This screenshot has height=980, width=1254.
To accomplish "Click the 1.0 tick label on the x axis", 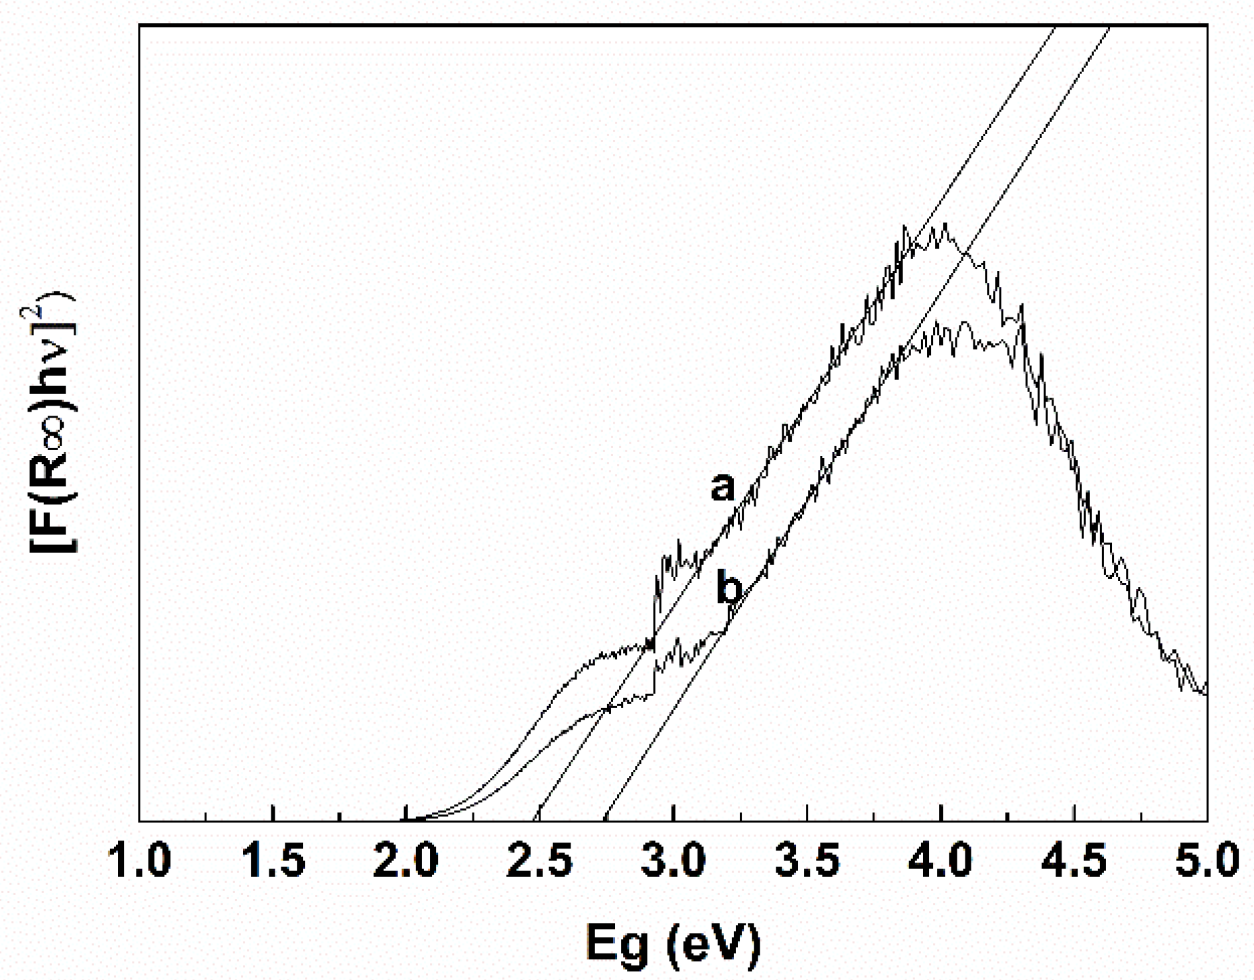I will pos(139,860).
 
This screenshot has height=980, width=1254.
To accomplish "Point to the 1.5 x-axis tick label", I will pos(273,860).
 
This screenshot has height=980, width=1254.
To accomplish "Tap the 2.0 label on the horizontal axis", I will pos(406,860).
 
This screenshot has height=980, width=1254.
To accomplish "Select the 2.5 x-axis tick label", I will pos(539,860).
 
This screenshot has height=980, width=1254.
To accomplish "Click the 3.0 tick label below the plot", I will pos(673,860).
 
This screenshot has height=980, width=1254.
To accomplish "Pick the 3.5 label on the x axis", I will pos(807,860).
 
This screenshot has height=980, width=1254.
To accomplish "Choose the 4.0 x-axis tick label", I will pos(940,860).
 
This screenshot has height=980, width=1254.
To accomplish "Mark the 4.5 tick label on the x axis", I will pos(1074,860).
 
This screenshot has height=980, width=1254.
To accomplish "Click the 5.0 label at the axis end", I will pos(1206,860).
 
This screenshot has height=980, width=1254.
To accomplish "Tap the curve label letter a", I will pos(723,487).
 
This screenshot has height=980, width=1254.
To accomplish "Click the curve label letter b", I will pos(729,588).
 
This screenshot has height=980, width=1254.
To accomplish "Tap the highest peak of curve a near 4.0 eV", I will pos(942,226).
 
